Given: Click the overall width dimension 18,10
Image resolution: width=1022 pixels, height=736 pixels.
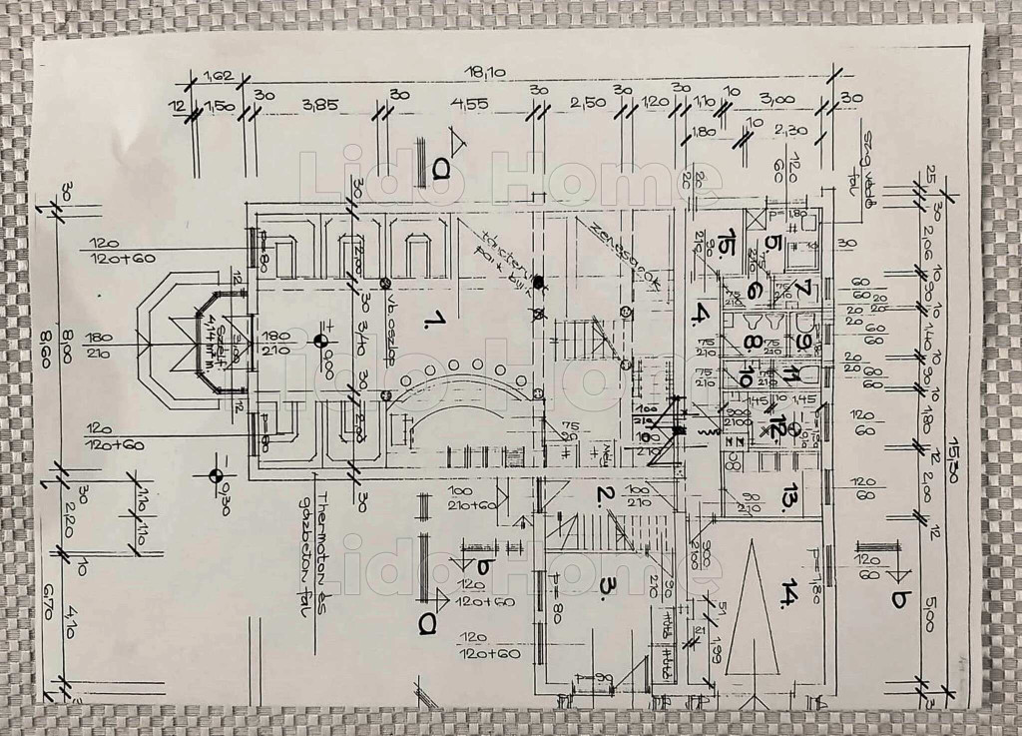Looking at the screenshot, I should pos(483,72).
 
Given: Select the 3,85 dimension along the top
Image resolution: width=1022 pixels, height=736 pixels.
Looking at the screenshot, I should pos(321,104).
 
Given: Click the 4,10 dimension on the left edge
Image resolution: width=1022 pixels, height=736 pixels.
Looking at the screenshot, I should pos(68,622).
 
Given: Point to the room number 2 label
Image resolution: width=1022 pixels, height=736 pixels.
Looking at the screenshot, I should pos(604,493).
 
